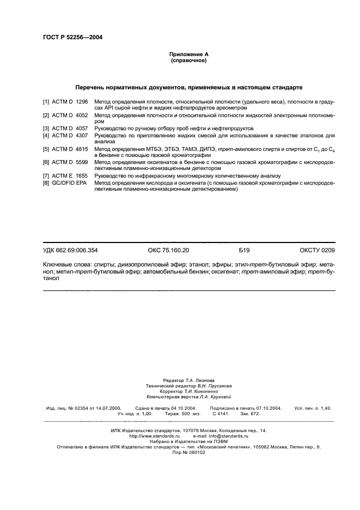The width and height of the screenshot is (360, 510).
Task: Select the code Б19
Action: (x=243, y=250)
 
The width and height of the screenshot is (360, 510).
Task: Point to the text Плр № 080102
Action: (x=188, y=452)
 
